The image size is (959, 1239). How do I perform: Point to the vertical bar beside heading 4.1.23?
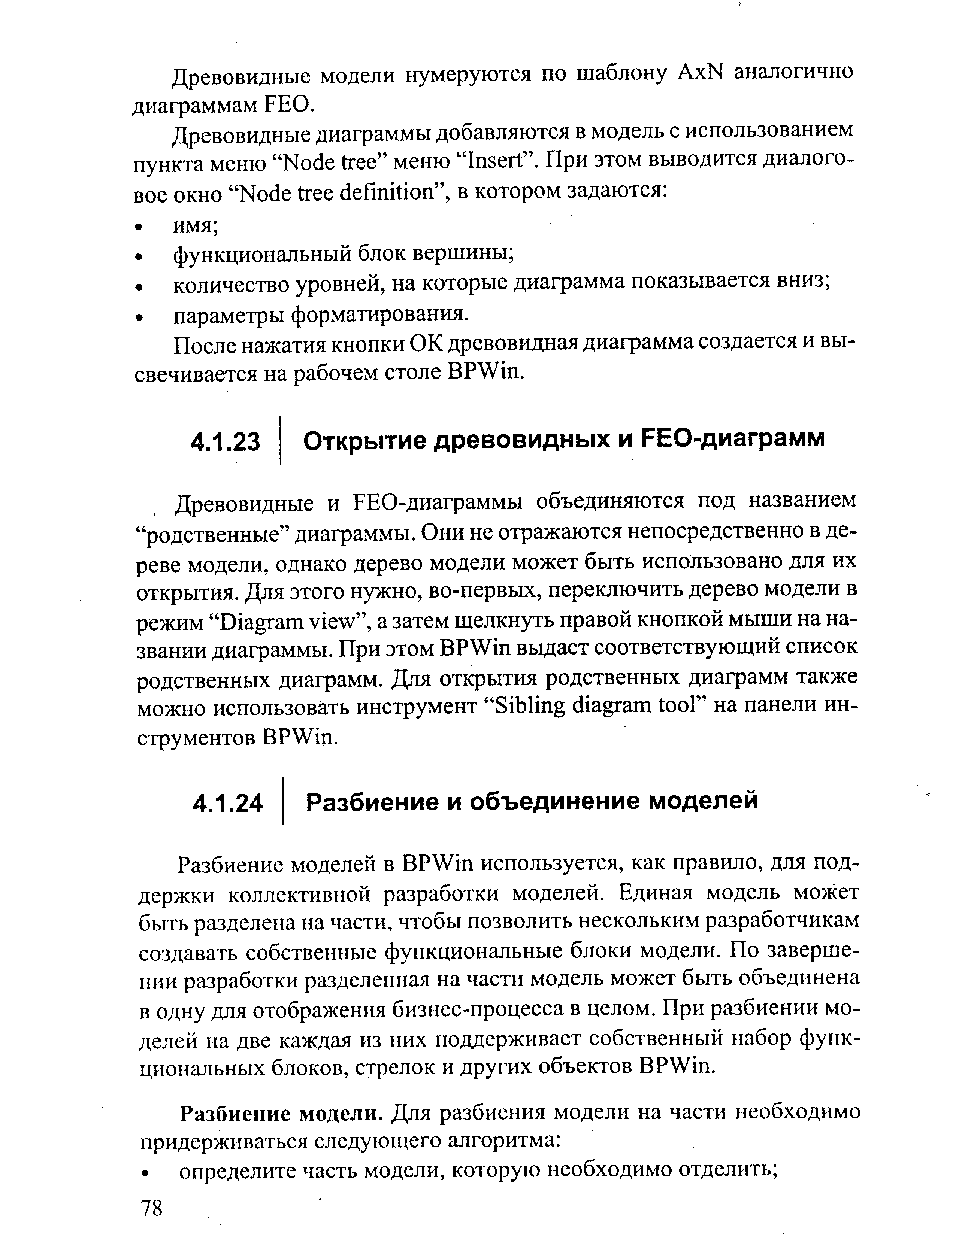(x=280, y=441)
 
